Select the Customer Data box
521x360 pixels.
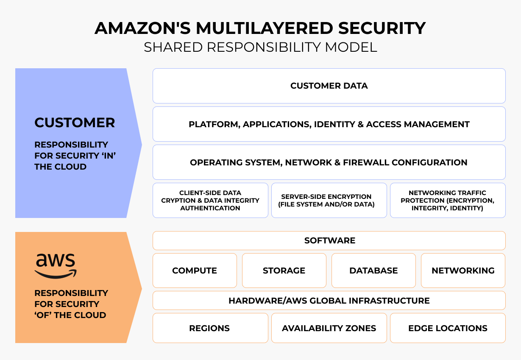pos(329,86)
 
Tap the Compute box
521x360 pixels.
pos(195,271)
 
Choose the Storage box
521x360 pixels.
pos(284,271)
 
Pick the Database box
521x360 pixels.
pos(373,271)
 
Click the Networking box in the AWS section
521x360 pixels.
pos(463,271)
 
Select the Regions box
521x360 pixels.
pos(210,328)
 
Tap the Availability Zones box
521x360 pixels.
pos(329,328)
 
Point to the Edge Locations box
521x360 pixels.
pos(448,328)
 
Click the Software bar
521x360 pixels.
pos(329,241)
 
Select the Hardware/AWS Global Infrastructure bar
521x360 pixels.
pos(329,301)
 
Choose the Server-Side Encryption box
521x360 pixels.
pos(329,201)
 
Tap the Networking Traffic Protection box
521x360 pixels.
pos(448,201)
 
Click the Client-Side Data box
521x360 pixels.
pos(210,201)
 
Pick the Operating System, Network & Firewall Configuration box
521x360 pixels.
pos(329,162)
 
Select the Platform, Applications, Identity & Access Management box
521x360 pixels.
pos(329,124)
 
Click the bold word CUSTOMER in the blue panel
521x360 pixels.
pos(75,123)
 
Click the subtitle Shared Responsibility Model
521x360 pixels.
pos(260,47)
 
